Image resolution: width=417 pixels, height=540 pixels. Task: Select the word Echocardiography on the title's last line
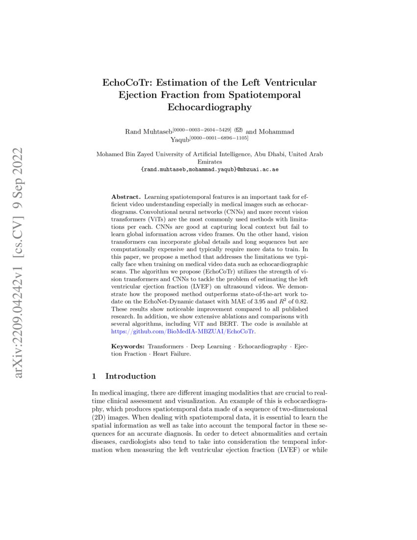(x=209, y=107)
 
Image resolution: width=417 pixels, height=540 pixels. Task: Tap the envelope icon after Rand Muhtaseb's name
(x=239, y=131)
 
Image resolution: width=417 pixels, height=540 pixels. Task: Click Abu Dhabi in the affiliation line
(x=270, y=154)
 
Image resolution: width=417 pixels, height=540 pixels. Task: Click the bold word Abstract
(x=126, y=196)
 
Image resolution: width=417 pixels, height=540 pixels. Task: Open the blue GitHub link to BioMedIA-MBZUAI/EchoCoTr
(x=184, y=331)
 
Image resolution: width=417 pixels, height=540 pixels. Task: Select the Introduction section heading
(x=130, y=377)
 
